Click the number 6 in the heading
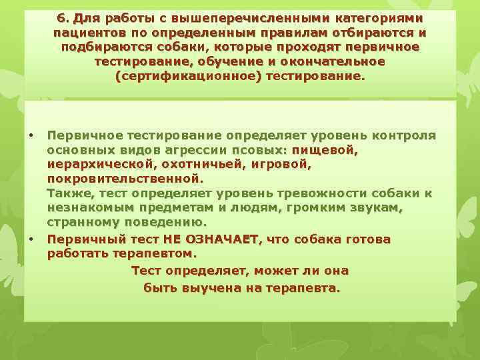[61, 17]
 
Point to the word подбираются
[97, 47]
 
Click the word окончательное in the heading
[339, 61]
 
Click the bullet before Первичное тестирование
[31, 135]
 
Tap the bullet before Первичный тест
[31, 239]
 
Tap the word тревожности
[319, 194]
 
